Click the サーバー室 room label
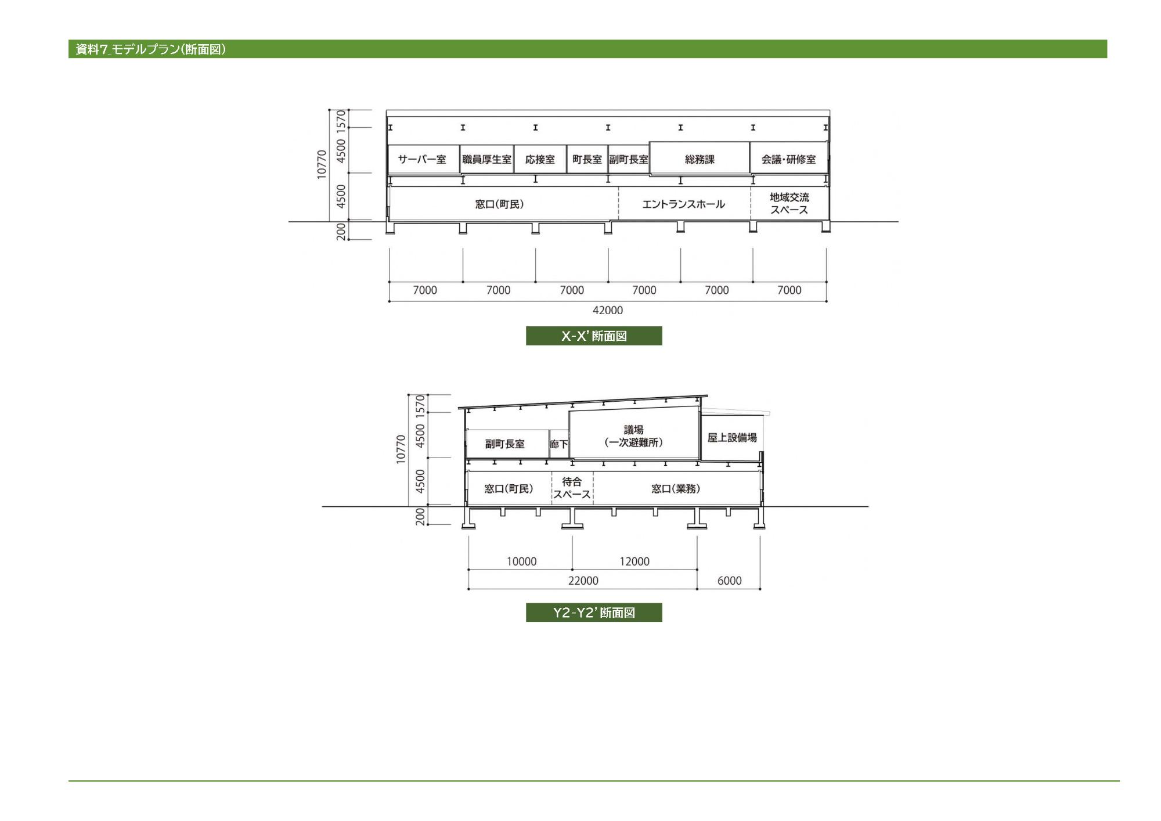pyautogui.click(x=422, y=160)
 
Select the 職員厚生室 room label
pyautogui.click(x=486, y=160)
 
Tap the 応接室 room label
pyautogui.click(x=540, y=160)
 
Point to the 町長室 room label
pyautogui.click(x=587, y=160)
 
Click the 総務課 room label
pyautogui.click(x=700, y=160)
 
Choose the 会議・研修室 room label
pyautogui.click(x=788, y=160)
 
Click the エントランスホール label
pyautogui.click(x=683, y=204)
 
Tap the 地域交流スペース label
pyautogui.click(x=789, y=204)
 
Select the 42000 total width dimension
pyautogui.click(x=607, y=311)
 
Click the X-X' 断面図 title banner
pyautogui.click(x=594, y=336)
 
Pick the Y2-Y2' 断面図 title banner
pyautogui.click(x=594, y=613)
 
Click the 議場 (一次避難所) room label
pyautogui.click(x=633, y=436)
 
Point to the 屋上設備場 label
pyautogui.click(x=732, y=438)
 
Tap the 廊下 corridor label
pyautogui.click(x=559, y=445)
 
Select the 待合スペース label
pyautogui.click(x=572, y=488)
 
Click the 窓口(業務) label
pyautogui.click(x=676, y=489)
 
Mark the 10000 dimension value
pyautogui.click(x=521, y=562)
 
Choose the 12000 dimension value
pyautogui.click(x=634, y=562)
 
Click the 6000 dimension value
pyautogui.click(x=729, y=581)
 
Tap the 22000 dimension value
pyautogui.click(x=583, y=581)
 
